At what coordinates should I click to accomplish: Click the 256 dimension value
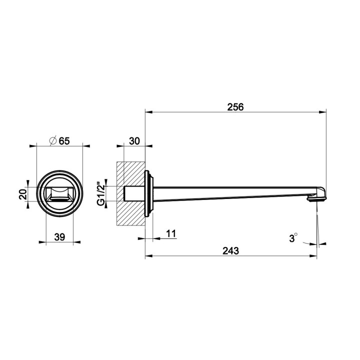235,107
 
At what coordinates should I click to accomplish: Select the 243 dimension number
230,250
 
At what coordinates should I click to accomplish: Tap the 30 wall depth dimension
134,141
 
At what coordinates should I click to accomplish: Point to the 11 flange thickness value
171,233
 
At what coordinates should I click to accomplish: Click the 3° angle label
293,238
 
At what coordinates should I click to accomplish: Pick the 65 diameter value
64,141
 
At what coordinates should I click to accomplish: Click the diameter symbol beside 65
53,140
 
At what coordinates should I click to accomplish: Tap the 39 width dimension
59,237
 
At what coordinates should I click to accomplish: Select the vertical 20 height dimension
23,194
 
